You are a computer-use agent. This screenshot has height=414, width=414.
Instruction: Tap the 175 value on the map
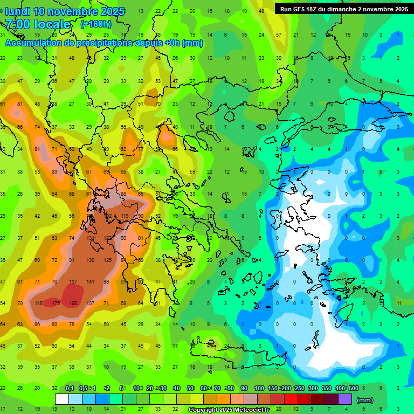click(56, 303)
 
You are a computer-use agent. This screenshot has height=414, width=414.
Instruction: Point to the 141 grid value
click(91, 281)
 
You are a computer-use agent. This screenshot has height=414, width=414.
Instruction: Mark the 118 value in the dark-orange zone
click(38, 303)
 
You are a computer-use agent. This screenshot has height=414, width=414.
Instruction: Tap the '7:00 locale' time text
click(38, 24)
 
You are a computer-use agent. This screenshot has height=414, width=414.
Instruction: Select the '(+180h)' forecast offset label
click(95, 24)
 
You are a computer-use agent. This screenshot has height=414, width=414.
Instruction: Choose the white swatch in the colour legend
click(62, 399)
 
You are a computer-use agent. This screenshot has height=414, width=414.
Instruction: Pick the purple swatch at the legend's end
click(345, 399)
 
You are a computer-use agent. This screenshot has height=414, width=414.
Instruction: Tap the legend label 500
click(354, 388)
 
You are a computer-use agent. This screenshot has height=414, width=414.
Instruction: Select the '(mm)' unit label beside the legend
click(365, 400)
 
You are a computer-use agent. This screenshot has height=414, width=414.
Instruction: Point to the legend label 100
click(259, 388)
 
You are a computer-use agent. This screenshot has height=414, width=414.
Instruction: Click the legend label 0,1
click(70, 388)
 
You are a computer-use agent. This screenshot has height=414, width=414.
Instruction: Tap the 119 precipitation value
click(125, 216)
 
